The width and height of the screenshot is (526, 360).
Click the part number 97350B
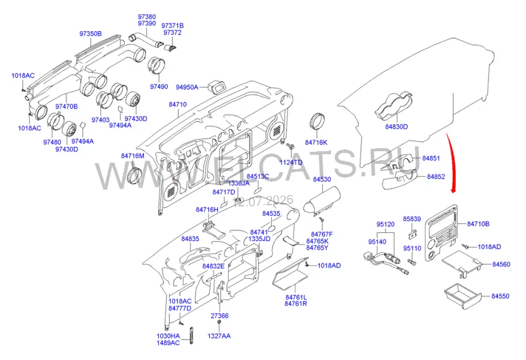[x=90, y=34]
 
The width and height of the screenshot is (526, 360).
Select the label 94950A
[x=187, y=87]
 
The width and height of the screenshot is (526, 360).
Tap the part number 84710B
[x=477, y=224]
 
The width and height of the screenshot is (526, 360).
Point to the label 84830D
[x=396, y=127]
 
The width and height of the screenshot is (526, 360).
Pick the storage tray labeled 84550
[x=463, y=296]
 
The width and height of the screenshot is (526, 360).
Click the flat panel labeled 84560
[x=462, y=263]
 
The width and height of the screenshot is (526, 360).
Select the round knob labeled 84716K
[x=317, y=121]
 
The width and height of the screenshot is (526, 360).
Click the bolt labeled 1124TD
[x=290, y=146]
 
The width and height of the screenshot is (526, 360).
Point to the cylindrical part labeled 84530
[x=321, y=202]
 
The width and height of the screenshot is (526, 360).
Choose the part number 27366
[x=220, y=316]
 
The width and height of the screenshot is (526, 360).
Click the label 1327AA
[x=219, y=336]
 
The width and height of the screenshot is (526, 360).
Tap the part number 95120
[x=386, y=224]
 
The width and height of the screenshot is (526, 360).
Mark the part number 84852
[x=436, y=176]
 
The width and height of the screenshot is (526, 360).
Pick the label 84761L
[x=296, y=297]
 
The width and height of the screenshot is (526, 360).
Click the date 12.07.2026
[x=263, y=200]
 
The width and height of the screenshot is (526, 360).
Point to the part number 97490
[x=159, y=86]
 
